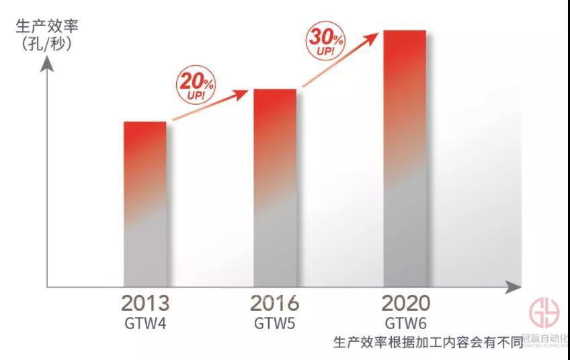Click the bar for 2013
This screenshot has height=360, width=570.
(x=145, y=204)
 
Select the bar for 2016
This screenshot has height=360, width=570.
(x=274, y=188)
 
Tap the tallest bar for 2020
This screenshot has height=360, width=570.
(x=405, y=159)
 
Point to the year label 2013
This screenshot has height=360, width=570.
(x=145, y=303)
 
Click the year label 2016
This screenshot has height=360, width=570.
(x=274, y=303)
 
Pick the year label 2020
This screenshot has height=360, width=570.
(x=405, y=303)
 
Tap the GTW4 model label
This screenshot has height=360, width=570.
(x=145, y=322)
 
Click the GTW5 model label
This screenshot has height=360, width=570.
(x=274, y=322)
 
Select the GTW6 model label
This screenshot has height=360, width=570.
(x=405, y=322)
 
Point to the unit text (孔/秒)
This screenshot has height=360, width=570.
(x=47, y=45)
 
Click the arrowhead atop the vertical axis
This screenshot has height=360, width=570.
(x=47, y=65)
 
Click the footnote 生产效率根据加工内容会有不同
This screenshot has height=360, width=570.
(x=428, y=343)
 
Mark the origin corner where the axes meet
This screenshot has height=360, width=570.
(x=47, y=287)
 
